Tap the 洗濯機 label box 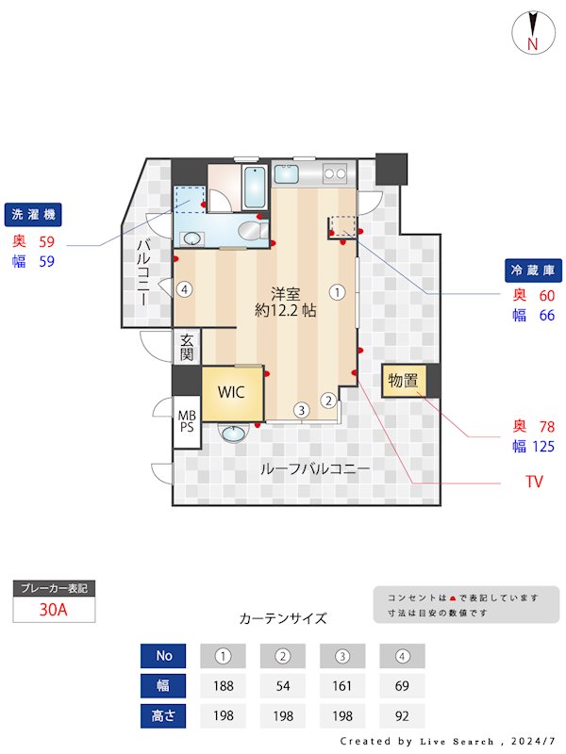33,215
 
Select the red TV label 535,482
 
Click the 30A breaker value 54,609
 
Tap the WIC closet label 232,391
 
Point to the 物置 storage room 403,381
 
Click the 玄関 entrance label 187,347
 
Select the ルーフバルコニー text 314,468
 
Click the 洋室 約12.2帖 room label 285,301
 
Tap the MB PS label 187,420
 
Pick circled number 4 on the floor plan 185,289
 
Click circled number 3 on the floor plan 300,410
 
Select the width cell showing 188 224,685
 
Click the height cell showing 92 402,715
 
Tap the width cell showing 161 342,685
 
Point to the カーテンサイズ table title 283,619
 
